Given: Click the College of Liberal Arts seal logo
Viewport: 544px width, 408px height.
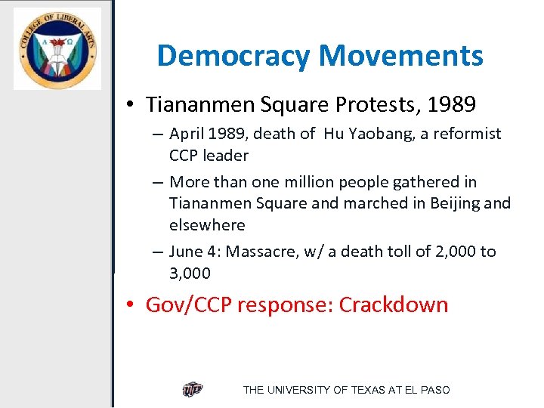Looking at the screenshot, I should pos(57,49).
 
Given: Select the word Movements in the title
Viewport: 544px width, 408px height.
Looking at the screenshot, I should pos(401,56).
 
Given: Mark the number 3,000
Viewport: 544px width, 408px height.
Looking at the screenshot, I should pos(190,274).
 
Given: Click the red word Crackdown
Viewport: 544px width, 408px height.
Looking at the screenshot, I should pos(393,304).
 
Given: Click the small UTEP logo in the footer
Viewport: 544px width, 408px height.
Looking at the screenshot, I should pos(193,390).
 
